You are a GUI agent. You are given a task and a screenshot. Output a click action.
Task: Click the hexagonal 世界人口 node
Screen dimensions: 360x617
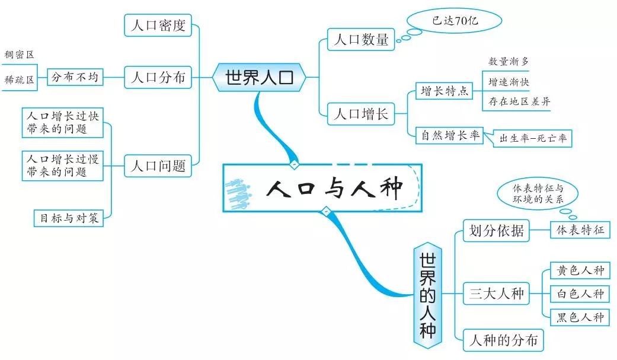click(x=260, y=77)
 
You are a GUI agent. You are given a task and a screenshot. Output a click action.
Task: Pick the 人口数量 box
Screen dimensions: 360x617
click(x=361, y=40)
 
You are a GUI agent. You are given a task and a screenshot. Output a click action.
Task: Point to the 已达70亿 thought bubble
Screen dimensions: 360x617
click(x=455, y=21)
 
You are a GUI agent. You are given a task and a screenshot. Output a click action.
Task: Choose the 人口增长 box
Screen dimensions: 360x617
click(x=361, y=113)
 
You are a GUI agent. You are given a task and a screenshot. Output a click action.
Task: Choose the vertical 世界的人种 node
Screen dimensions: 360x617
click(x=427, y=295)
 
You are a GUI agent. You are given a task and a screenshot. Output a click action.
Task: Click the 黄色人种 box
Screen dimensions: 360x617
click(x=580, y=270)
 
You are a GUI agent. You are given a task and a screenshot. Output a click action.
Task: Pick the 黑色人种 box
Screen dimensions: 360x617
click(x=580, y=317)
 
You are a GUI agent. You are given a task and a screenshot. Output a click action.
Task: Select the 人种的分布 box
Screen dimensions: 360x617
click(x=503, y=340)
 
